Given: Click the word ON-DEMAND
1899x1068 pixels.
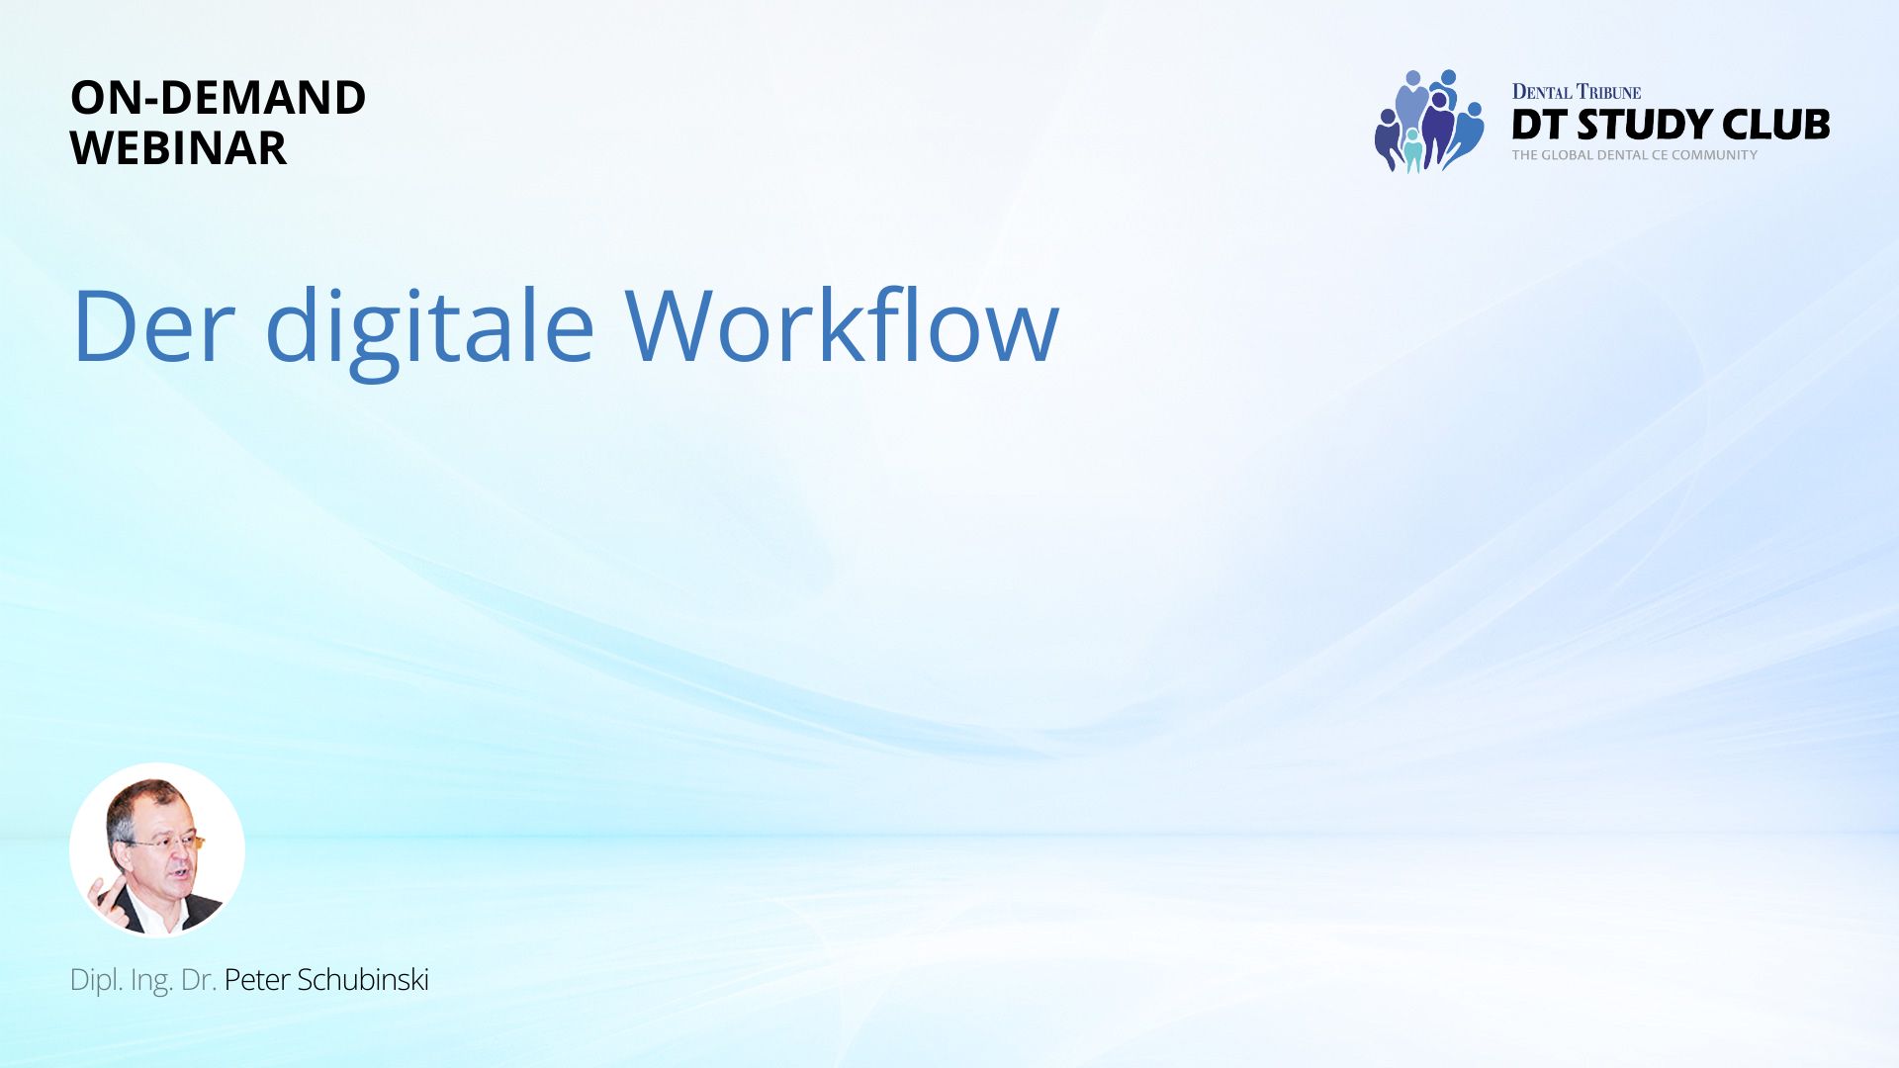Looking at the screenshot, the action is pos(218,97).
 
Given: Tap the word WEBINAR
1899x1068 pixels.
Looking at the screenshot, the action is pos(178,148).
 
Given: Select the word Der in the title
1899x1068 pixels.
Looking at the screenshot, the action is pos(153,325).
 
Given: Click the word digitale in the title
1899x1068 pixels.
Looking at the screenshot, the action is pos(430,331).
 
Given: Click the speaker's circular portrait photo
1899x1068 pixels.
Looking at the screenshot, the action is pos(157,850).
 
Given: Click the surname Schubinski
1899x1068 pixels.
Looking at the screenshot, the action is pos(363,980).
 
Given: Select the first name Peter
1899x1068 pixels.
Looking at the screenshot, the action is pos(257,980).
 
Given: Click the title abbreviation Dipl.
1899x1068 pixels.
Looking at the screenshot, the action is pos(97,980).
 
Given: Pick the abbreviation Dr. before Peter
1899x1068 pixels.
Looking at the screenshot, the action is pos(199,980).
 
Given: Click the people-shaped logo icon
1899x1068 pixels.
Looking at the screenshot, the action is pos(1428,122).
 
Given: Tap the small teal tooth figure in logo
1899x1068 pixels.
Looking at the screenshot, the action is pos(1413,150).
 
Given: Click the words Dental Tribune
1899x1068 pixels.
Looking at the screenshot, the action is pos(1576,92).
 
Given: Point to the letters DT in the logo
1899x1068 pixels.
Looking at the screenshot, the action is pos(1540,125).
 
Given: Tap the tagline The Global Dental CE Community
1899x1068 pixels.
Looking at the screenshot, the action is pos(1635,155).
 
